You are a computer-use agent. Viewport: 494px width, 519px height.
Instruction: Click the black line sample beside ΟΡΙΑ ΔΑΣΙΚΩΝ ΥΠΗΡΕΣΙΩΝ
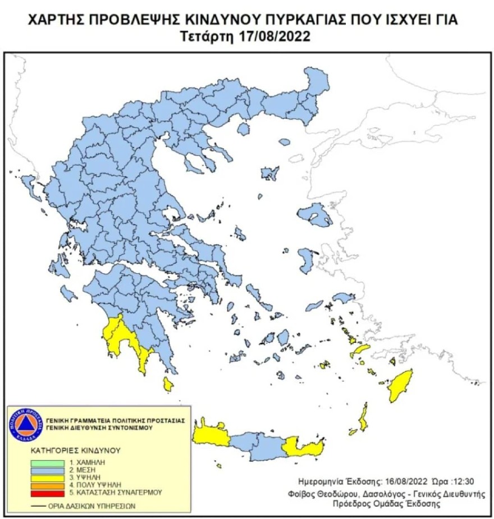tap(39, 506)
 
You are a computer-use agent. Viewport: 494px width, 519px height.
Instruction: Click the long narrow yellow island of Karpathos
tap(364, 418)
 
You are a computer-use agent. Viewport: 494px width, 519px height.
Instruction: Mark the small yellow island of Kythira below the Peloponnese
tap(167, 384)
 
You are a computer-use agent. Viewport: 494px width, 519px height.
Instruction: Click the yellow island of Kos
tap(358, 351)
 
